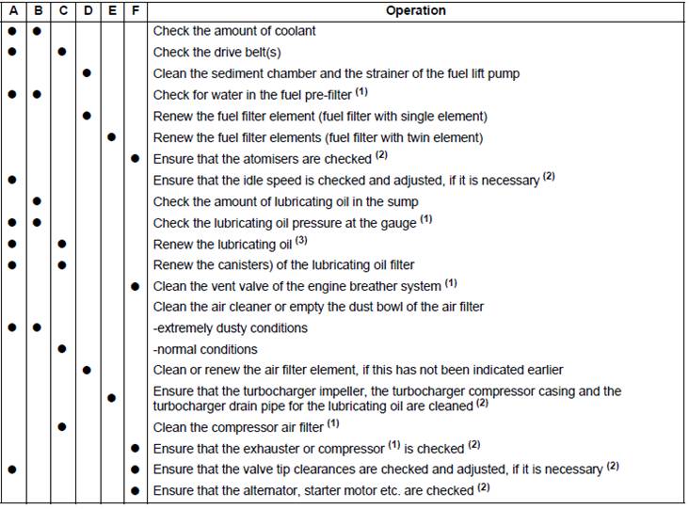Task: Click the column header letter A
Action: click(x=12, y=10)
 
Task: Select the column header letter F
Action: click(x=136, y=10)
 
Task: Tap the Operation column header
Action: click(x=416, y=10)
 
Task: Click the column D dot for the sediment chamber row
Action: click(x=86, y=72)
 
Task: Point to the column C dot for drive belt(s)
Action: click(x=61, y=52)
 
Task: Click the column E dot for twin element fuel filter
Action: click(x=111, y=137)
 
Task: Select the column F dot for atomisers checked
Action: click(x=136, y=159)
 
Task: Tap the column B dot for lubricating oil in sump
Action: click(x=37, y=201)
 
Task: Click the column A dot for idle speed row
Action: click(x=12, y=179)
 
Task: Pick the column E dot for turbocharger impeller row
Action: click(x=111, y=398)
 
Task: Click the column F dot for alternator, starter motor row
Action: click(x=136, y=490)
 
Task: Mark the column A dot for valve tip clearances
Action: click(x=12, y=469)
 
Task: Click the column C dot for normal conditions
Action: click(x=61, y=349)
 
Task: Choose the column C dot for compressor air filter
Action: click(x=61, y=425)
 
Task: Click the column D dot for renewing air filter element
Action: click(x=86, y=370)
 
